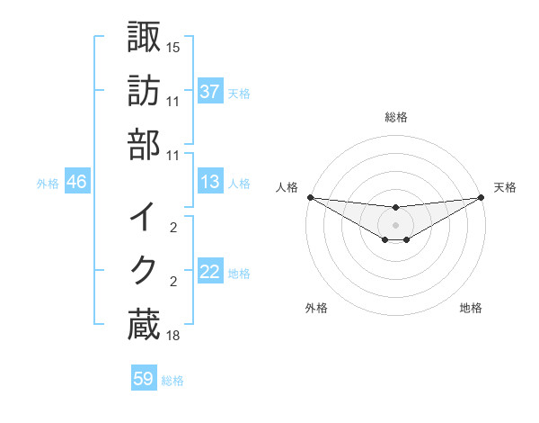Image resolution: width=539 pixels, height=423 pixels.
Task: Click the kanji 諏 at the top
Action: click(144, 38)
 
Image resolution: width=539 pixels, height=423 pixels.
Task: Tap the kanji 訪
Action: click(144, 92)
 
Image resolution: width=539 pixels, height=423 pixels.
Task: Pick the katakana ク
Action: click(144, 271)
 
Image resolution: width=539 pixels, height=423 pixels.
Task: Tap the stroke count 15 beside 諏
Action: click(173, 46)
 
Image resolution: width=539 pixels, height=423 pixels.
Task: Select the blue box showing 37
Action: click(210, 92)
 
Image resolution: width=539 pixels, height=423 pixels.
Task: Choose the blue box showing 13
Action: click(210, 183)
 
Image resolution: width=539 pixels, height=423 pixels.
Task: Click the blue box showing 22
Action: click(210, 273)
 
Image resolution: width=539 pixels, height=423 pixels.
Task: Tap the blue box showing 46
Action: click(76, 183)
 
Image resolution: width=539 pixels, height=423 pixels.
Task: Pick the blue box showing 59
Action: click(144, 379)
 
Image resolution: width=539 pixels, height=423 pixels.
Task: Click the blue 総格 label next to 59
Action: click(173, 381)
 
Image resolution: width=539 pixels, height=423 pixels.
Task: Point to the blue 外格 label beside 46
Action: click(48, 184)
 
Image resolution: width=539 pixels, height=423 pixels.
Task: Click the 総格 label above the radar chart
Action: click(396, 116)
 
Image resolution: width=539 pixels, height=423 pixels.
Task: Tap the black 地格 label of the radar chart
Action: click(471, 308)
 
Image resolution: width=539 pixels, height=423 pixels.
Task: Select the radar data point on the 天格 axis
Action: click(482, 197)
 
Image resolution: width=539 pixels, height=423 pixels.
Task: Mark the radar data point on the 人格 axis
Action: click(310, 197)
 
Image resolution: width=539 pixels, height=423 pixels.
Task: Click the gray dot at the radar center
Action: click(396, 225)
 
